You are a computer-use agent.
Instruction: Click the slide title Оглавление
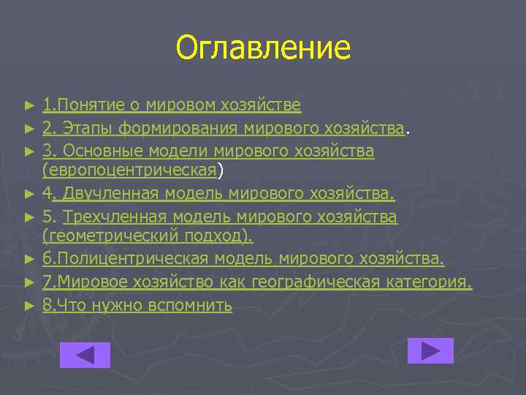(263, 48)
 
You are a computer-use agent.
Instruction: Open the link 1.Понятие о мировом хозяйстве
(172, 105)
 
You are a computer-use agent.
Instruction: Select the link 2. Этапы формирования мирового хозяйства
(224, 129)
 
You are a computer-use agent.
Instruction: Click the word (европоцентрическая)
(130, 170)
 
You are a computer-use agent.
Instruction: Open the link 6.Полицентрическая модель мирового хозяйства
(243, 260)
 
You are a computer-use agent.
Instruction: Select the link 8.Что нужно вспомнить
(137, 306)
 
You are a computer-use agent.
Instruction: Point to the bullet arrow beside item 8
(29, 306)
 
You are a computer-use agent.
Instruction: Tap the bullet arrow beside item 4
(29, 195)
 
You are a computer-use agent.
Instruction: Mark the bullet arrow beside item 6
(29, 260)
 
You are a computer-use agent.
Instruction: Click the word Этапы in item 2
(87, 129)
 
